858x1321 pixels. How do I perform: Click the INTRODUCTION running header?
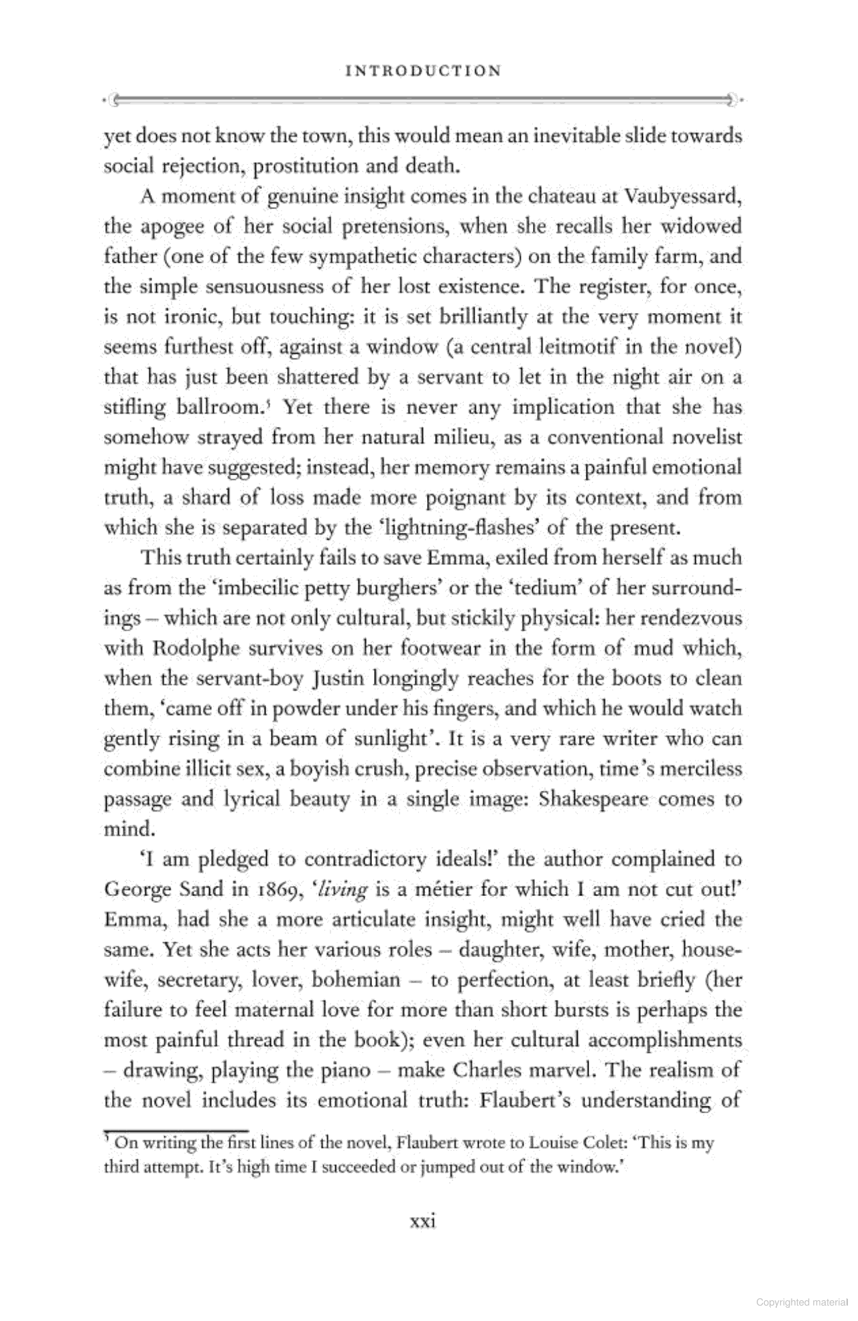click(x=423, y=71)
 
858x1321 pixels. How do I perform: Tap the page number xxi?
click(x=423, y=1221)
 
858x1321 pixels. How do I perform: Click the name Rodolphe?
click(x=197, y=649)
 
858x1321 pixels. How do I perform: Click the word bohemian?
click(x=355, y=981)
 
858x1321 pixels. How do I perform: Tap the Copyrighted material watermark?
click(x=802, y=1303)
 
